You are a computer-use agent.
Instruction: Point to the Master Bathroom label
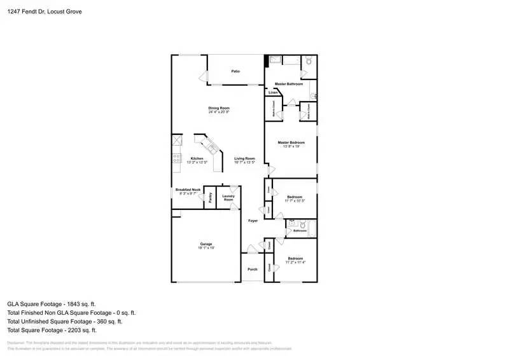(x=288, y=84)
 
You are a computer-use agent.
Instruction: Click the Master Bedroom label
(x=291, y=142)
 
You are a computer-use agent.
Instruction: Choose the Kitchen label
(x=197, y=158)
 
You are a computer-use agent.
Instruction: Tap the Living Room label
(x=244, y=158)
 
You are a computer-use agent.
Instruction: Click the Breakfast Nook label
(x=188, y=190)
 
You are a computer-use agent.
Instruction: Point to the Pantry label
(x=210, y=197)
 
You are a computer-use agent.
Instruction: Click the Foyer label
(x=253, y=220)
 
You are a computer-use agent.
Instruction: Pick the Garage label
(x=206, y=244)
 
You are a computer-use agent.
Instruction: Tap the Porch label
(x=253, y=270)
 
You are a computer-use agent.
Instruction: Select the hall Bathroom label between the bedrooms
(x=309, y=230)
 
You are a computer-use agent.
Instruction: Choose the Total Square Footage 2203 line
(x=52, y=330)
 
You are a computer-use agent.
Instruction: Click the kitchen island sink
(x=211, y=148)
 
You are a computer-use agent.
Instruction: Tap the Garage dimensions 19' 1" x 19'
(x=206, y=247)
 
